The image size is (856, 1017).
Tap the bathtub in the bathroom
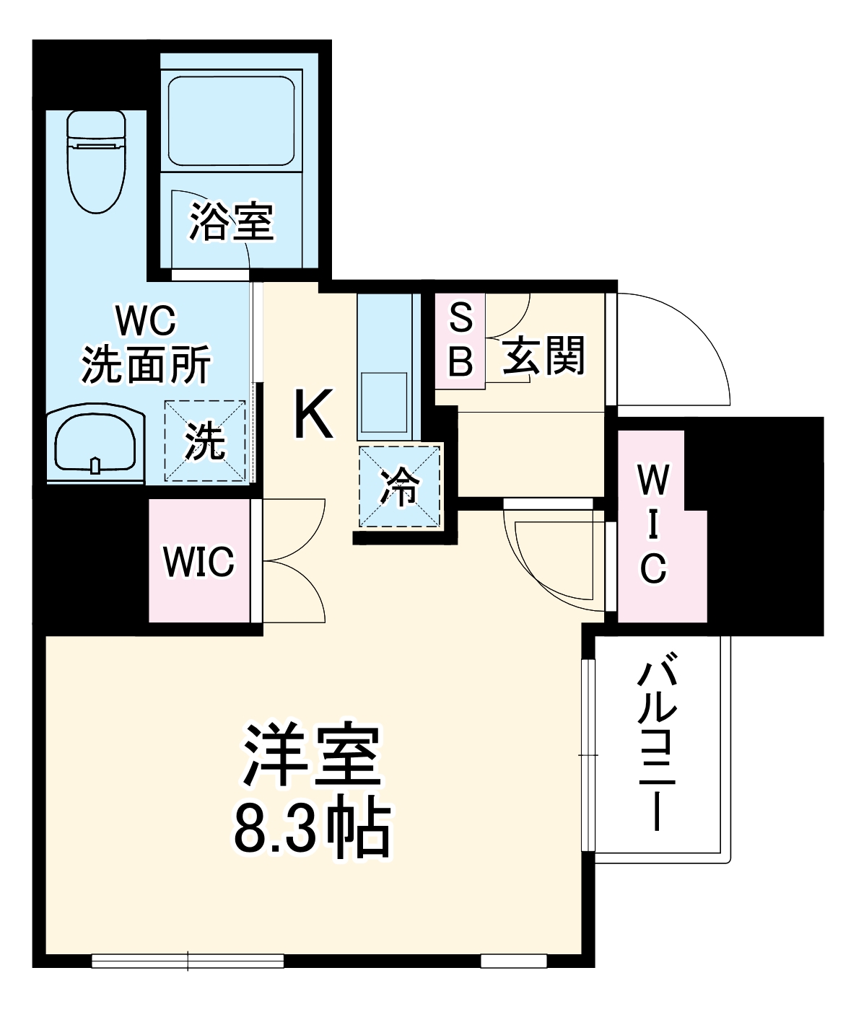[231, 121]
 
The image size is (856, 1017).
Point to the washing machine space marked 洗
[206, 441]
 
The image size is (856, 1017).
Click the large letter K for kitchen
[314, 414]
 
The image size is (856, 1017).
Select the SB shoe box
[460, 340]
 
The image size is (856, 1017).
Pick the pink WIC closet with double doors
[198, 560]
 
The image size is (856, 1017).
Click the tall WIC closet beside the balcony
[653, 525]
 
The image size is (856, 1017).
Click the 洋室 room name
[312, 754]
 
